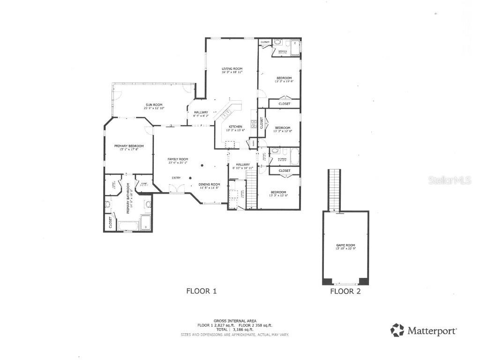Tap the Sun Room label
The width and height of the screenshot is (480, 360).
pos(154,105)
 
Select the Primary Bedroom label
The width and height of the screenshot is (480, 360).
pos(129,146)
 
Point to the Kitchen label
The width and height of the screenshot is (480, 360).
pos(235,127)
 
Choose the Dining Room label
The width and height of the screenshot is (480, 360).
pos(209,184)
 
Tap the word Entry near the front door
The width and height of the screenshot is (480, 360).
pos(176,178)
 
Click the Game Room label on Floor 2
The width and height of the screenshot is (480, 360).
pos(345,245)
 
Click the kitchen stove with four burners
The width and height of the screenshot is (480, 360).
pos(254,124)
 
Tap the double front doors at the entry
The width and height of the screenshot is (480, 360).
pos(177,188)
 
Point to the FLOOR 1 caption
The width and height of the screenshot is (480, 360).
pos(202,291)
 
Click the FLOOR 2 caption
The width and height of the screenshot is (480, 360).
pos(345,291)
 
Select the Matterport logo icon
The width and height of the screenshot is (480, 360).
pos(397,330)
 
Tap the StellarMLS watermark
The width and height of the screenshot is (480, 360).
pos(449,180)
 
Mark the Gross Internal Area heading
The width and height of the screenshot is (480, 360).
pos(235,321)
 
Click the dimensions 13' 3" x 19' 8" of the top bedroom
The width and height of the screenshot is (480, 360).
pos(284,82)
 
